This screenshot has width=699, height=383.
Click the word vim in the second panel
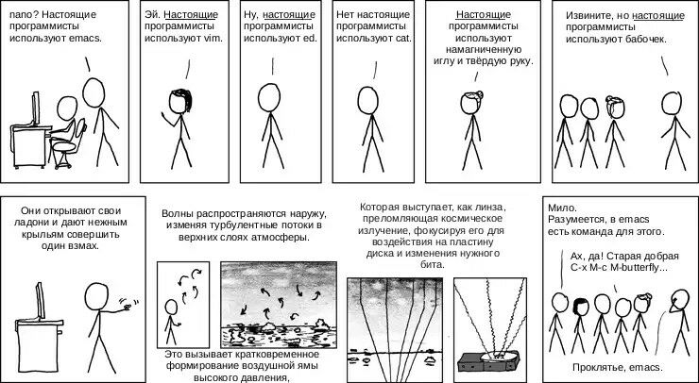point(213,39)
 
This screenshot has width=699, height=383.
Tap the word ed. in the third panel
point(310,39)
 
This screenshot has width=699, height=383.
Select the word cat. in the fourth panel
point(403,39)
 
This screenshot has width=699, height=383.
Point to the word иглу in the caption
point(444,61)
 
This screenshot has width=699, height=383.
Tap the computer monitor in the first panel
point(35,108)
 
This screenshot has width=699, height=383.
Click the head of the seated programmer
point(67,108)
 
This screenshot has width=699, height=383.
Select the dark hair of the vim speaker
point(183,99)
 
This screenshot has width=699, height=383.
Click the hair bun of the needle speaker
point(479,94)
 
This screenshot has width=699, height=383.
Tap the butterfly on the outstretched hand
point(128,305)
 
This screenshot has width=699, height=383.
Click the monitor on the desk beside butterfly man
point(41,301)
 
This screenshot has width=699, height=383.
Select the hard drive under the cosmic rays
point(489,360)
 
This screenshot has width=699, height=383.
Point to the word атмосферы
point(281,237)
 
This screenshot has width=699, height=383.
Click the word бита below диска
point(432,264)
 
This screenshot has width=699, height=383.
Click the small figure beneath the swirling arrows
point(171,322)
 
